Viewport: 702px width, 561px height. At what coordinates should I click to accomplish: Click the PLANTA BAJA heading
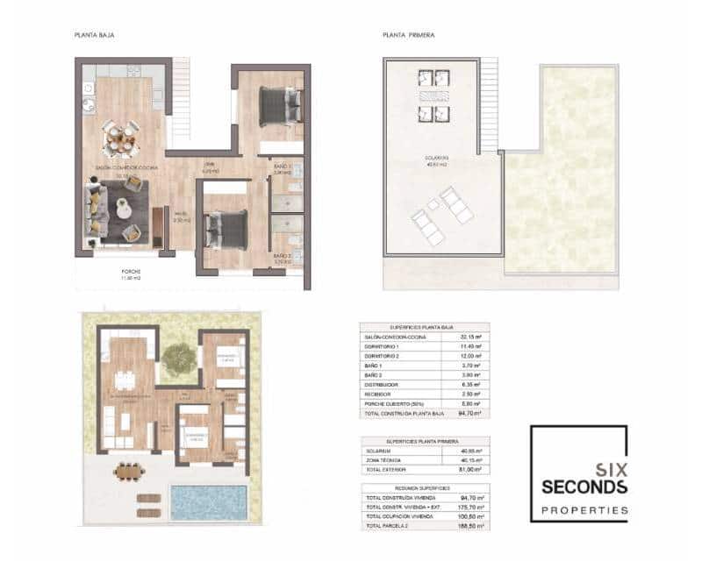coord(95,35)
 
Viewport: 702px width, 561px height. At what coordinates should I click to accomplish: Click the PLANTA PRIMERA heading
coord(409,35)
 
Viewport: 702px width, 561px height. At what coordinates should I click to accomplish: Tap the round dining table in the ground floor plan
coord(120,138)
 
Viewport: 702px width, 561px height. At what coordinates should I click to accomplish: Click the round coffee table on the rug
coord(123,209)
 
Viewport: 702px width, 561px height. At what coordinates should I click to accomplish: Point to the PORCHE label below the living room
coord(131,272)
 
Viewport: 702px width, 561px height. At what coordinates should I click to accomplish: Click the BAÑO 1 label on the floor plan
coord(282,167)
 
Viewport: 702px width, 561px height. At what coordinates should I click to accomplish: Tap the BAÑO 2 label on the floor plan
coord(282,256)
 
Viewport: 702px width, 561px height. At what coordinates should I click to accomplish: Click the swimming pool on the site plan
coord(203,501)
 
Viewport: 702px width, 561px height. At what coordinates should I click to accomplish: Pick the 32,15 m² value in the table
coord(471,337)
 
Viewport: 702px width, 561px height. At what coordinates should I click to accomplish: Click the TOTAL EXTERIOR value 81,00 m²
coord(471,470)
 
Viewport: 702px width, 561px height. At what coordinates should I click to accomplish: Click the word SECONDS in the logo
coord(584,486)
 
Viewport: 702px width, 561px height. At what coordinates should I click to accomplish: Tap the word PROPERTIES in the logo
coord(584,509)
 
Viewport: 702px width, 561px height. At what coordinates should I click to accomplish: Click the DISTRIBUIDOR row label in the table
coord(382,384)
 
